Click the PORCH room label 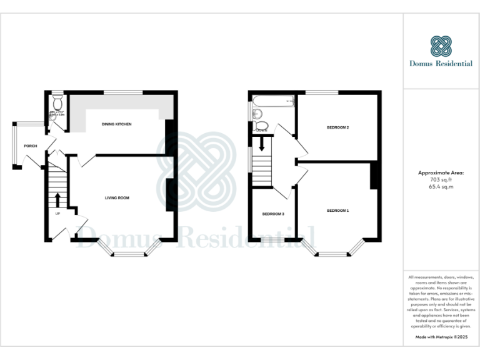pos(30,146)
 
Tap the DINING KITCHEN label pos(116,124)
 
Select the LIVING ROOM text pos(117,198)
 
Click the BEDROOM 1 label pos(337,211)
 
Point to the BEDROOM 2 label pos(337,127)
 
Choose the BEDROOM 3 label pos(273,214)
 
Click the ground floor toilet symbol pos(58,102)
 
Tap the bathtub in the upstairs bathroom pos(274,100)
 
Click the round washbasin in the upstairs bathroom pos(257,113)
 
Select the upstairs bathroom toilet pos(263,127)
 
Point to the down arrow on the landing pos(262,144)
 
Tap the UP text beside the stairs pos(58,214)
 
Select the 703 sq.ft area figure pos(441,179)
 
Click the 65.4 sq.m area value pos(441,186)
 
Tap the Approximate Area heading pos(441,172)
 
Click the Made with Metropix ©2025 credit pos(441,337)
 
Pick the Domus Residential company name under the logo pos(441,63)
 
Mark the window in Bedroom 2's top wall pos(321,93)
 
